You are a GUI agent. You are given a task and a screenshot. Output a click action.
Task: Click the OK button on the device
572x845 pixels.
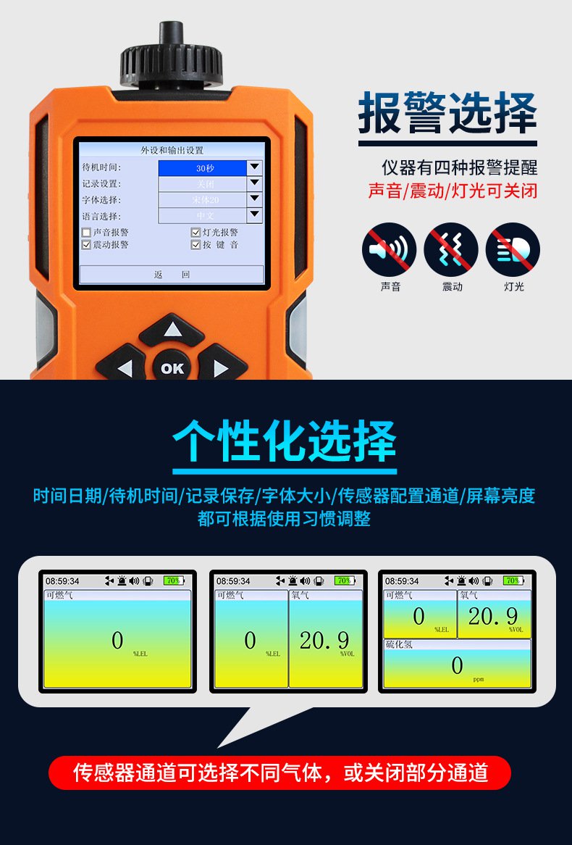coord(172,368)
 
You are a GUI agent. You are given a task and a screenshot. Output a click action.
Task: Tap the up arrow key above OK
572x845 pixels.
coord(172,331)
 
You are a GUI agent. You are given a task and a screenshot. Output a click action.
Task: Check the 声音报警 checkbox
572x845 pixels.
coord(87,233)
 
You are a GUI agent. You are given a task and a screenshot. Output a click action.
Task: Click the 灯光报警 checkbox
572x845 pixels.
coord(195,233)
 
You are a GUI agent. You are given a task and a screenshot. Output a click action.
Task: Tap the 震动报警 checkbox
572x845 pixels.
coord(87,245)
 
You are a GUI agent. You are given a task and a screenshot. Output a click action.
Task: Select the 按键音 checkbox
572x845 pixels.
coord(195,245)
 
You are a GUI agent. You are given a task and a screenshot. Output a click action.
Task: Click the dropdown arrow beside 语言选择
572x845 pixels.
coord(254,215)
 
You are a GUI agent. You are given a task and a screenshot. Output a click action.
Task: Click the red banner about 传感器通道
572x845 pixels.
coord(279,773)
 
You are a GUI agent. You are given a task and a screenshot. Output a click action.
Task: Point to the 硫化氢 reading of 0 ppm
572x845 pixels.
coord(457,665)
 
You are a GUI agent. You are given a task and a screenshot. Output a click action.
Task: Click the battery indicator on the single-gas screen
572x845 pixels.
coord(174,580)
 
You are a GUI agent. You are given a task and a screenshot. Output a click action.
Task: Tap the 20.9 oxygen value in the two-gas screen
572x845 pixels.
coord(324,640)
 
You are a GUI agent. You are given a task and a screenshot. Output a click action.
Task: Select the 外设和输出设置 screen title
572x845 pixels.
coord(172,151)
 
